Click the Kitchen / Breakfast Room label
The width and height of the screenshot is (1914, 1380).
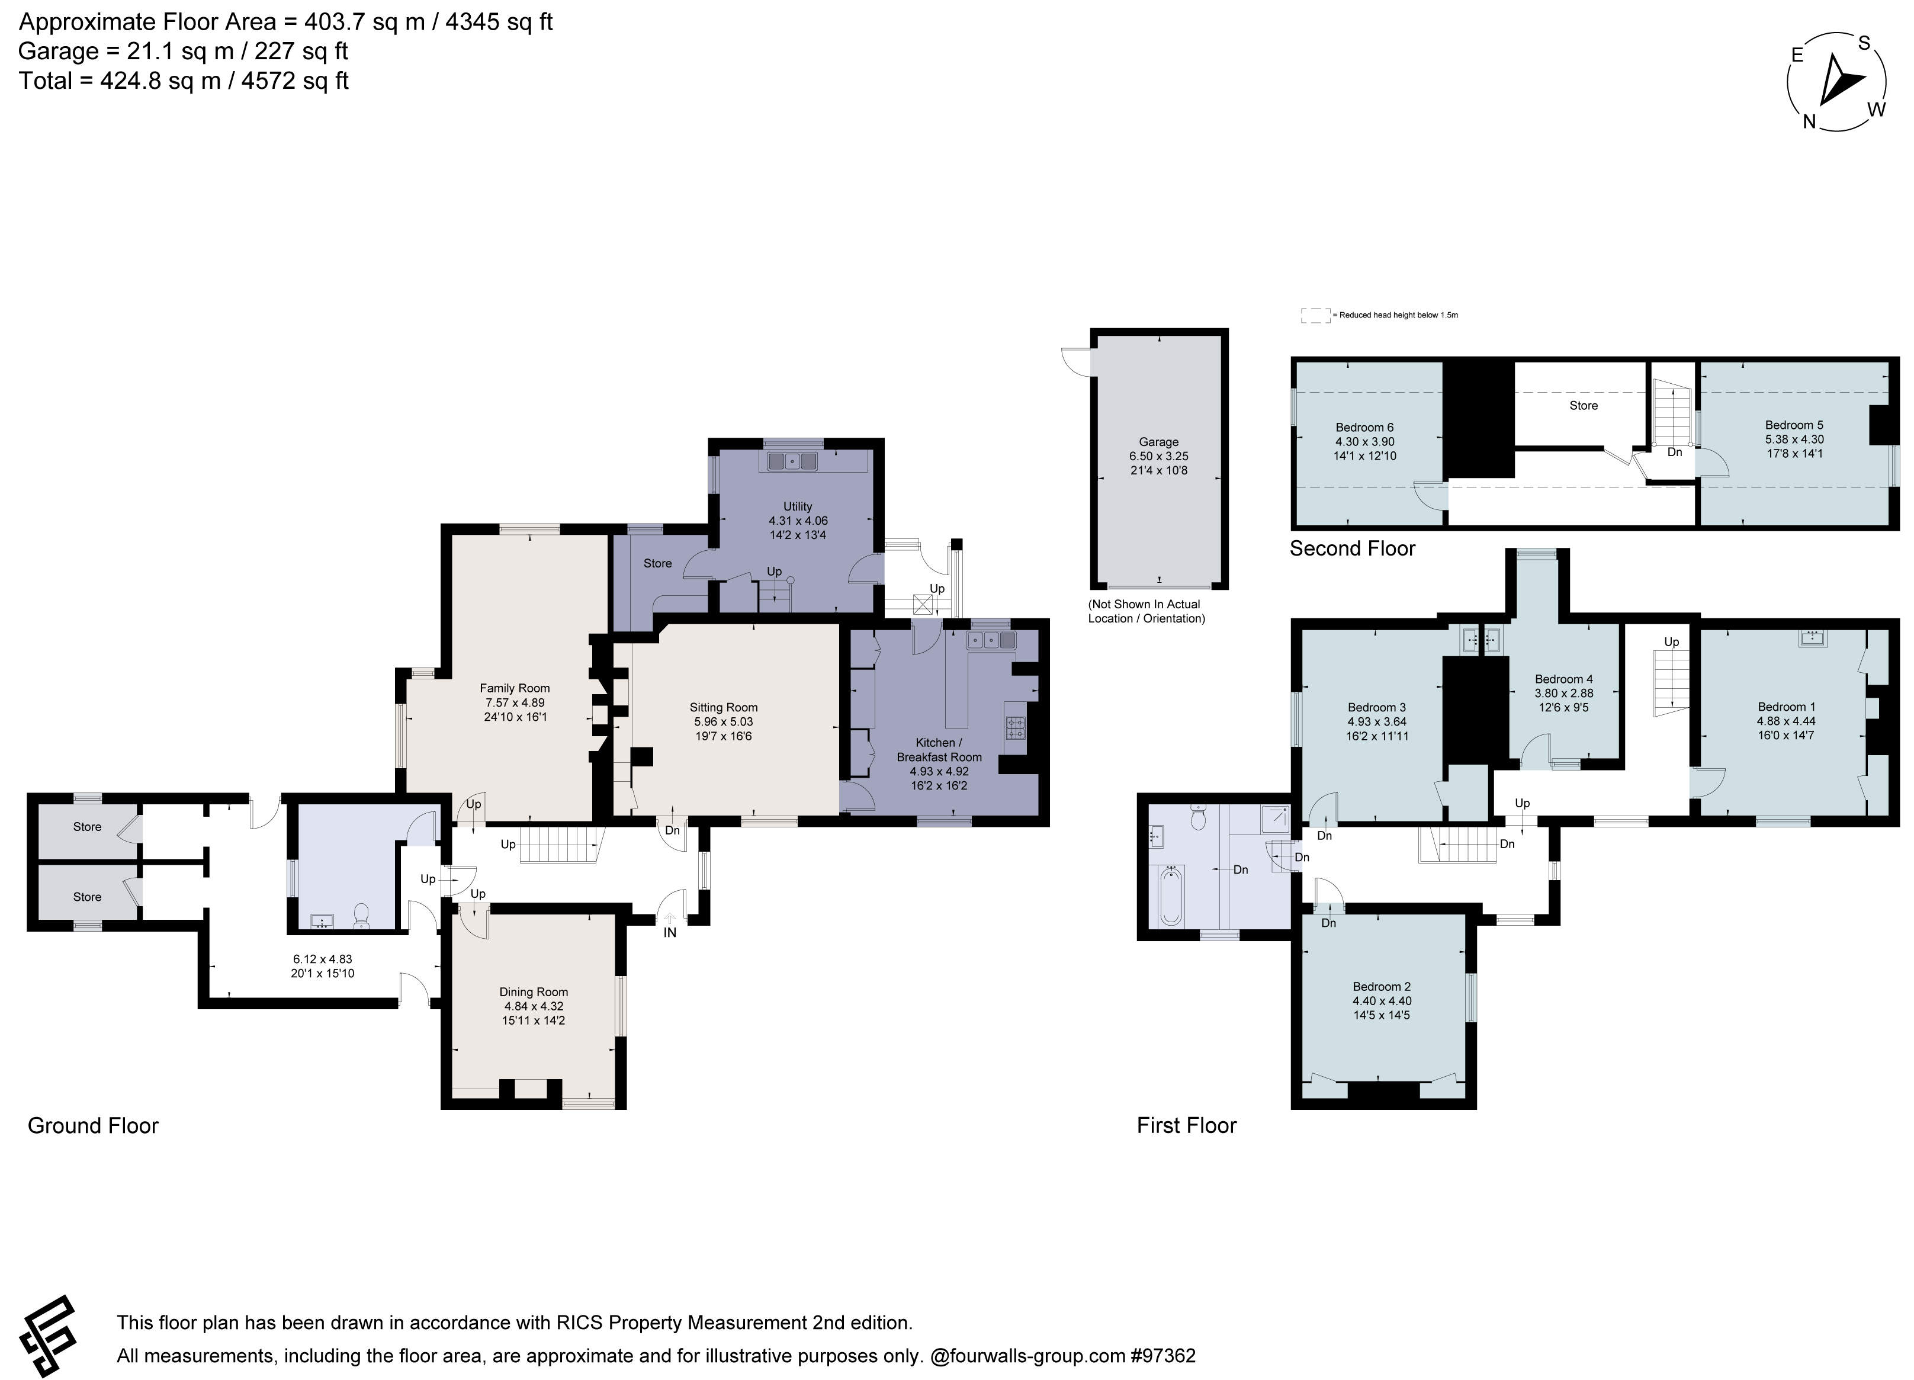pos(939,749)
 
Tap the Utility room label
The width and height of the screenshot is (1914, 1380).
pos(798,507)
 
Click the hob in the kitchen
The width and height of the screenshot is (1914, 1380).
pos(1015,727)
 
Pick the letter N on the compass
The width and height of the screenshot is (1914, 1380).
pos(1809,121)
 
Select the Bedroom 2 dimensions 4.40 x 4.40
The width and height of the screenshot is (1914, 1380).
pos(1382,1001)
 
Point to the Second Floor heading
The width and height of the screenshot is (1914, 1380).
pos(1352,548)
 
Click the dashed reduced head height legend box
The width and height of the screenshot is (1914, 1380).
pos(1315,316)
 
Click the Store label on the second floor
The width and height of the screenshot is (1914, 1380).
pos(1583,406)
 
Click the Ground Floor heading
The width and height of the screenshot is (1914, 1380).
pos(93,1126)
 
